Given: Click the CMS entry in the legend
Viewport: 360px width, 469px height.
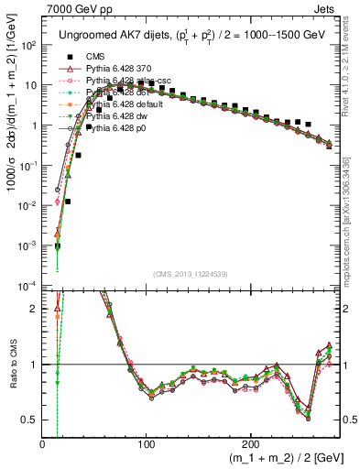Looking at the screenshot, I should pos(95,55).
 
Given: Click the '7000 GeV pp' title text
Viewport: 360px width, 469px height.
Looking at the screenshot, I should pos(73,8).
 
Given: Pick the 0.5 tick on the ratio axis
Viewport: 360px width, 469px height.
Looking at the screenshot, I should pos(31,420).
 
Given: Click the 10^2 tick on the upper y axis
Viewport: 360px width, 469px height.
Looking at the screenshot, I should pos(29,45).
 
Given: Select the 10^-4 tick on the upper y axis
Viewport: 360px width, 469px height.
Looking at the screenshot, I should pos(29,286).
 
